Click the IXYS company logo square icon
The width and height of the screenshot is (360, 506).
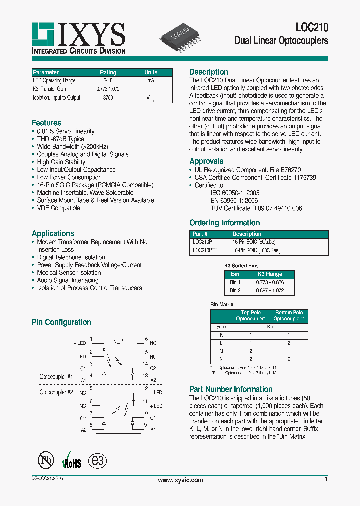(x=43, y=34)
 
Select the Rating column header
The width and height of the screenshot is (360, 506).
(x=108, y=72)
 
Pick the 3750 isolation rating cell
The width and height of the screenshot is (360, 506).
(x=108, y=98)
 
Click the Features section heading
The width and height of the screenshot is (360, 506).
(x=46, y=123)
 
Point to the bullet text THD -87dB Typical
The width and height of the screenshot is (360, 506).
(x=61, y=139)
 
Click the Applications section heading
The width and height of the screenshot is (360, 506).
(x=53, y=233)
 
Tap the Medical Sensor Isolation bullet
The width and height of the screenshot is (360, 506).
(x=69, y=273)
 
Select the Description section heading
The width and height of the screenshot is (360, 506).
(x=209, y=72)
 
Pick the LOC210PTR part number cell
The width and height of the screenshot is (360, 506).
(x=205, y=251)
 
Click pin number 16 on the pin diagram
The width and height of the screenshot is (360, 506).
(x=145, y=339)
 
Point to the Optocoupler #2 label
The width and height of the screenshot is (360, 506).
(x=56, y=392)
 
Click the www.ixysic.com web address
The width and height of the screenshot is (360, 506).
(x=180, y=480)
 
